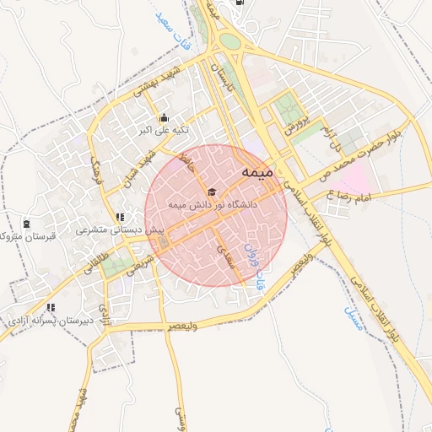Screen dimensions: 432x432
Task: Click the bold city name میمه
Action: pyautogui.click(x=258, y=172)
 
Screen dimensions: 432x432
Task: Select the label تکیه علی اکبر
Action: pyautogui.click(x=164, y=131)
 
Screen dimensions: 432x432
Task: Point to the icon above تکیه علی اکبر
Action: pyautogui.click(x=164, y=118)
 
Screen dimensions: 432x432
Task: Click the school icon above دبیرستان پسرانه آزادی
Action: pyautogui.click(x=51, y=308)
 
